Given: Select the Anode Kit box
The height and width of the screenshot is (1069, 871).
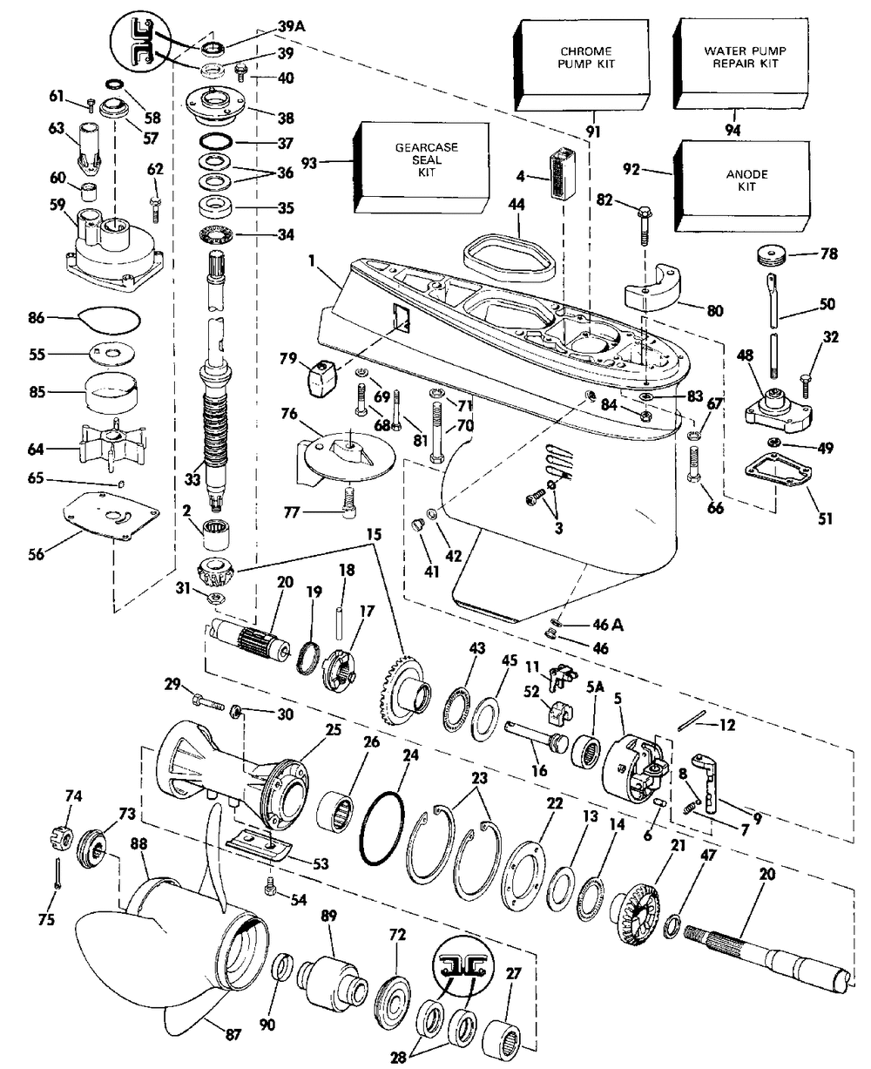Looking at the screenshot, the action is [x=743, y=186].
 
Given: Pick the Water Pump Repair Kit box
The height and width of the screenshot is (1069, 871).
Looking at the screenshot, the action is [x=742, y=64].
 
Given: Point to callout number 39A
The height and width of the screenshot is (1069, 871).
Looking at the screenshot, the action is [x=292, y=26].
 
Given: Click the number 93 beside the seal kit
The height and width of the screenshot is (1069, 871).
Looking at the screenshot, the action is [x=309, y=163].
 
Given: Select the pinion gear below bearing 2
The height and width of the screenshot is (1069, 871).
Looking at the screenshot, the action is [x=215, y=572].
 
